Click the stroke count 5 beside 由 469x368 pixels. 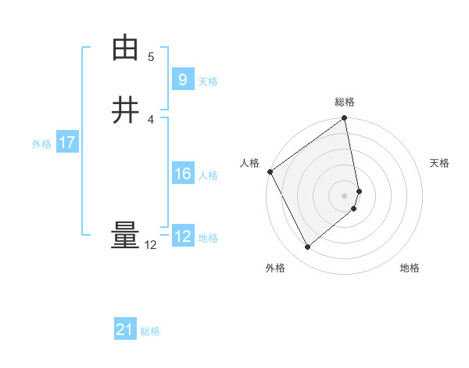(151, 57)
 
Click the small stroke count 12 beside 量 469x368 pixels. (151, 245)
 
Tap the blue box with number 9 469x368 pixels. (182, 80)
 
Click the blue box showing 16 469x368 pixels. (182, 174)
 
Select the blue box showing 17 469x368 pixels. (66, 143)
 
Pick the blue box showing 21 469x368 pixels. (125, 330)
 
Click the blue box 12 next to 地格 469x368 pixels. (182, 236)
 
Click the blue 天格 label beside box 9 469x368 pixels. (208, 81)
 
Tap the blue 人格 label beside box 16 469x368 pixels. (208, 175)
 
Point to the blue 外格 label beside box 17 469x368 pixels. (41, 144)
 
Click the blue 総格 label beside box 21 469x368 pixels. (150, 331)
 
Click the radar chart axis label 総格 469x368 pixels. (345, 102)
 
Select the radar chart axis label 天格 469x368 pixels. (439, 163)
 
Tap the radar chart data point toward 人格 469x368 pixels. (270, 171)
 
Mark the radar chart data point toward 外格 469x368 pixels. (307, 247)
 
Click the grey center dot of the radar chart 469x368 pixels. (345, 195)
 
